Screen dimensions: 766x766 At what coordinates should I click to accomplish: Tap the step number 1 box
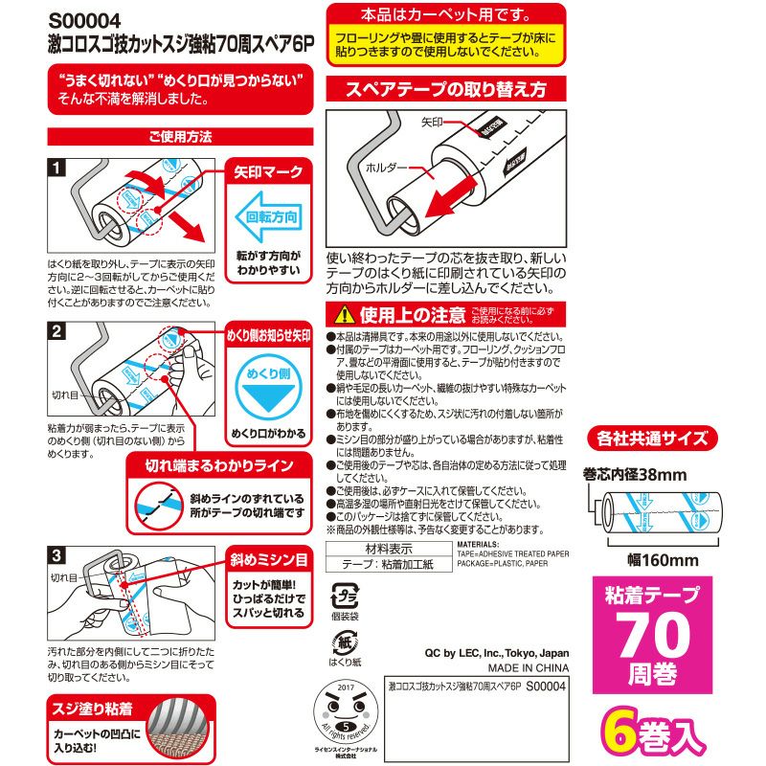pos(56,168)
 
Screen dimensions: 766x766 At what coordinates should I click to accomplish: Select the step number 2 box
pos(56,332)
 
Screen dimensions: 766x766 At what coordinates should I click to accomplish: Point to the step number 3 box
pos(56,554)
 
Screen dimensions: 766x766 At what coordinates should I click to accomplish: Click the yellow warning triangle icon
pos(342,315)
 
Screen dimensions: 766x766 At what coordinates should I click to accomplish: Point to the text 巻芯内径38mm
pos(635,474)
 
